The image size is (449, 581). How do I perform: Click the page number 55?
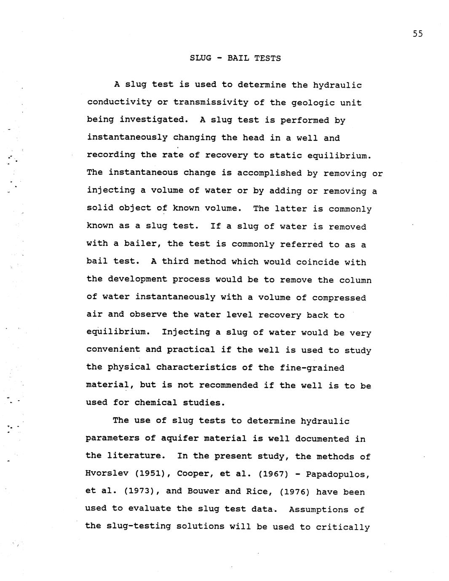(417, 34)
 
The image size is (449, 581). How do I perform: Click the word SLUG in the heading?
(200, 58)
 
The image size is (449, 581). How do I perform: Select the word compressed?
(339, 298)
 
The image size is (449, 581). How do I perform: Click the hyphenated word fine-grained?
(312, 368)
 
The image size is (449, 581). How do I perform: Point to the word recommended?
(229, 385)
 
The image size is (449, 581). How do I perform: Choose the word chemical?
(156, 403)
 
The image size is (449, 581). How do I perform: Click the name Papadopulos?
(338, 474)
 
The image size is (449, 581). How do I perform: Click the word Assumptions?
(326, 509)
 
